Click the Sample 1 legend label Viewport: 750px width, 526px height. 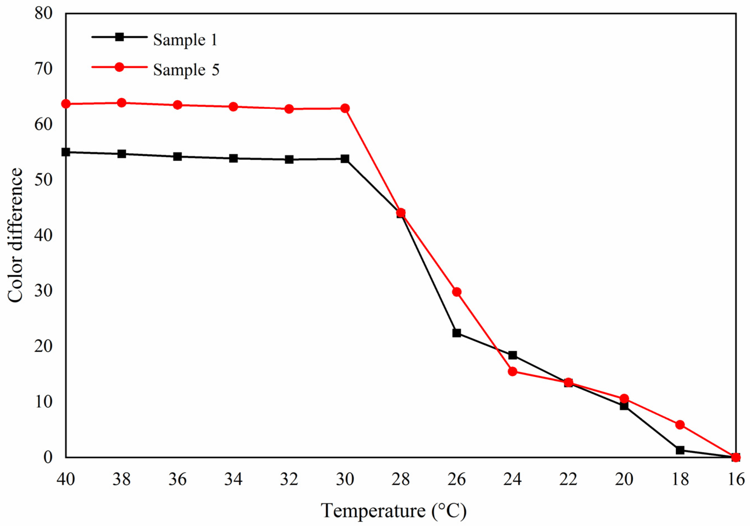point(185,40)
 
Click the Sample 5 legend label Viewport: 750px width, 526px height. point(186,70)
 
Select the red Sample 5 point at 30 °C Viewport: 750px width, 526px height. point(345,108)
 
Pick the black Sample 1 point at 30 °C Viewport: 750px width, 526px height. point(345,159)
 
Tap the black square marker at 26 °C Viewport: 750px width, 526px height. point(457,333)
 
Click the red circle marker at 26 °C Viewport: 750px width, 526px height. point(457,292)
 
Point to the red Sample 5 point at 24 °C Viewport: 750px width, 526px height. point(513,371)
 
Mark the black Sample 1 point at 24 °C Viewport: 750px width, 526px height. point(513,355)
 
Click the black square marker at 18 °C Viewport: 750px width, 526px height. point(680,450)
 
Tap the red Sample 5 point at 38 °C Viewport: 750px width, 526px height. point(121,103)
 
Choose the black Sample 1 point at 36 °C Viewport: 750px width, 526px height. point(177,156)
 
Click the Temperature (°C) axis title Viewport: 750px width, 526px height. point(394,511)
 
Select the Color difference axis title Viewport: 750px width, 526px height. point(15,235)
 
